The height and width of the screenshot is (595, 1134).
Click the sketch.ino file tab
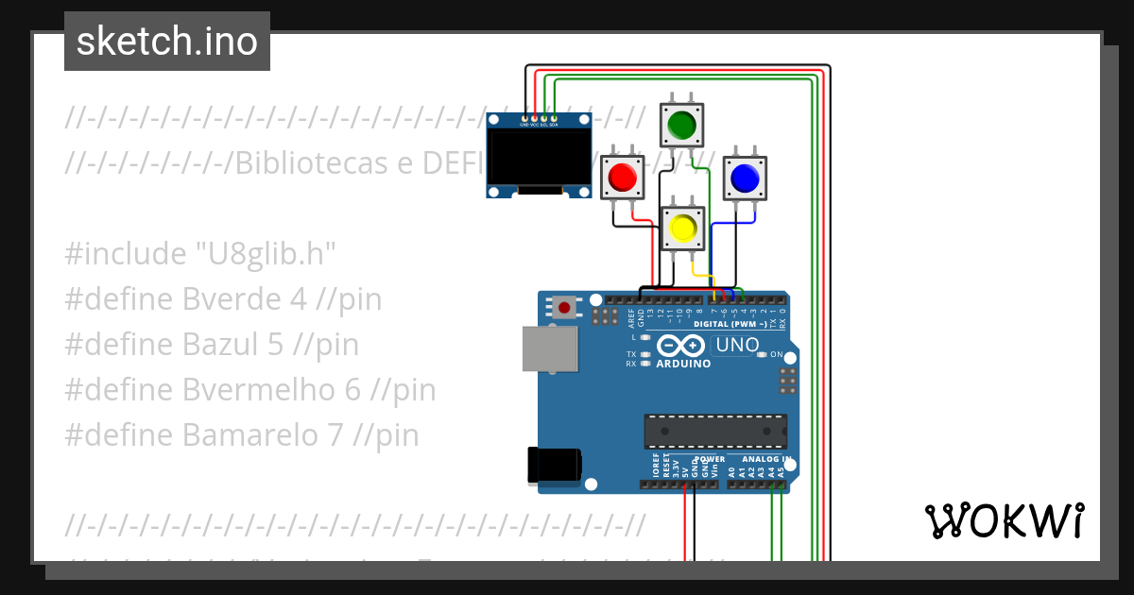click(167, 42)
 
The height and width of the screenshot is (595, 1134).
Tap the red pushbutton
click(623, 177)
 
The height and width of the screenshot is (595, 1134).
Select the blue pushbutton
click(745, 178)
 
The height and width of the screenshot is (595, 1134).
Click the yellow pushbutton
click(682, 228)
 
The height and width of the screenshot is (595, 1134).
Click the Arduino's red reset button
click(565, 306)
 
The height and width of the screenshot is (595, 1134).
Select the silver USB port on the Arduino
click(550, 348)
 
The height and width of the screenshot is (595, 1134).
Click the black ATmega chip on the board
click(715, 431)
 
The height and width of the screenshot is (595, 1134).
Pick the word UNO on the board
click(738, 345)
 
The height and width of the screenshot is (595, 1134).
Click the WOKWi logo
click(1004, 520)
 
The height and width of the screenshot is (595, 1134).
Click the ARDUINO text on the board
click(683, 363)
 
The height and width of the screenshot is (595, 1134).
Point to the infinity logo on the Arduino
click(681, 345)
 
